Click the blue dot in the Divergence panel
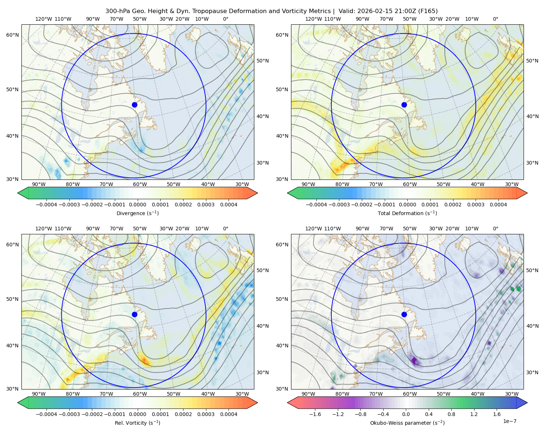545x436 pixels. click(134, 105)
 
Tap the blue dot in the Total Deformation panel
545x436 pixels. click(404, 105)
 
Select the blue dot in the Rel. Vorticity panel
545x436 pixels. click(134, 314)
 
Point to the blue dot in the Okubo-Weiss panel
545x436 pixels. click(404, 314)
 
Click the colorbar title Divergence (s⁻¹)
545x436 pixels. click(137, 213)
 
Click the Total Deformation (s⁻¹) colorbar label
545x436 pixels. click(407, 213)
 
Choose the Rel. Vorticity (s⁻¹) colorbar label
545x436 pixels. click(137, 423)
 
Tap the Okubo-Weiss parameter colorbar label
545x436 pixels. click(407, 423)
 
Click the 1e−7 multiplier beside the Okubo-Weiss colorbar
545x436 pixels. click(509, 421)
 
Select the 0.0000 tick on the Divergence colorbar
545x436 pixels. click(137, 205)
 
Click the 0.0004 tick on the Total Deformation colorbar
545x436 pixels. click(498, 205)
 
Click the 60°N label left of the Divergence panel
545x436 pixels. click(12, 35)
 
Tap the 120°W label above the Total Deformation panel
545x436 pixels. click(313, 19)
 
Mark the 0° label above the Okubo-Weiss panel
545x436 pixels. click(495, 228)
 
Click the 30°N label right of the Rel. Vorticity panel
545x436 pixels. click(263, 372)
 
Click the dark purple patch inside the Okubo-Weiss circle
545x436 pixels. click(414, 360)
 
